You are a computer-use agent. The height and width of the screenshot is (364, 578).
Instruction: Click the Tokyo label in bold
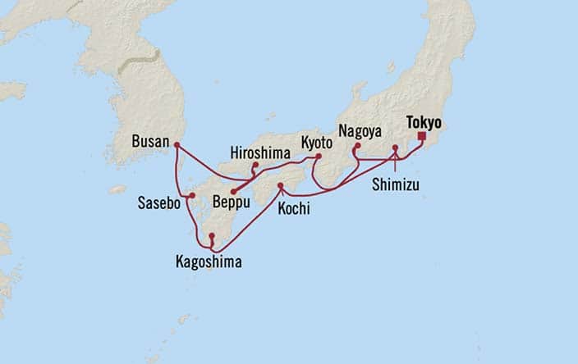[x=424, y=123]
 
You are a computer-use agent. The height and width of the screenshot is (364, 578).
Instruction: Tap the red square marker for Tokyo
[x=421, y=137]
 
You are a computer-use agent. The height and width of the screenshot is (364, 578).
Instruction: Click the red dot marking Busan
[x=177, y=145]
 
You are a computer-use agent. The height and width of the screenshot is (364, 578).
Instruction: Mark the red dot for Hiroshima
[x=255, y=166]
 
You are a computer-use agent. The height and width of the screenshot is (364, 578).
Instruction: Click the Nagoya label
[x=358, y=130]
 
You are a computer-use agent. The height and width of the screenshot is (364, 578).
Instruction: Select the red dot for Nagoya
[x=356, y=148]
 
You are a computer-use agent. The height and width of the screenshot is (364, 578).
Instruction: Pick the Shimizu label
[x=394, y=184]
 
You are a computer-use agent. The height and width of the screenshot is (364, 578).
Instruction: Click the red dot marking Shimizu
[x=395, y=149]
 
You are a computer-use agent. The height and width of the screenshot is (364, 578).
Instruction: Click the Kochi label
[x=294, y=209]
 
